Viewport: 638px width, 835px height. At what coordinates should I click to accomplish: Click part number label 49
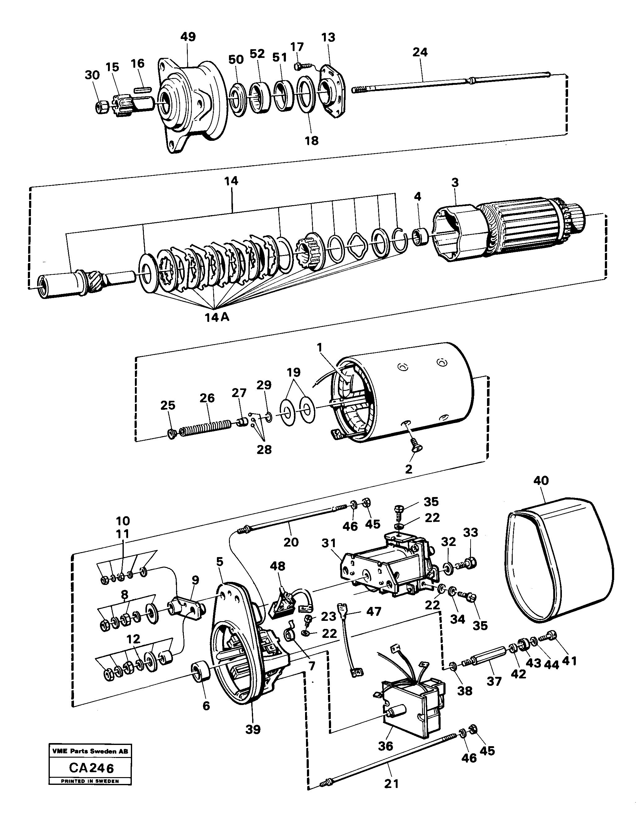pyautogui.click(x=188, y=37)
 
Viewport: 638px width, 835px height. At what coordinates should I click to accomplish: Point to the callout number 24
pyautogui.click(x=420, y=52)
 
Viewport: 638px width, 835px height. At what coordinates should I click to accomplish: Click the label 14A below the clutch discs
pyautogui.click(x=217, y=317)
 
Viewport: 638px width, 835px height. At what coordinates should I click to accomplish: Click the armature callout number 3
pyautogui.click(x=455, y=182)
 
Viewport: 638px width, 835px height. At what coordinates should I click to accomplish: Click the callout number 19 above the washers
pyautogui.click(x=294, y=372)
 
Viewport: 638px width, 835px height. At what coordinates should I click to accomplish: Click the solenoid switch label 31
pyautogui.click(x=329, y=544)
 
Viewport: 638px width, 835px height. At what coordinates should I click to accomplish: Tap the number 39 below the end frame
pyautogui.click(x=253, y=729)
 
